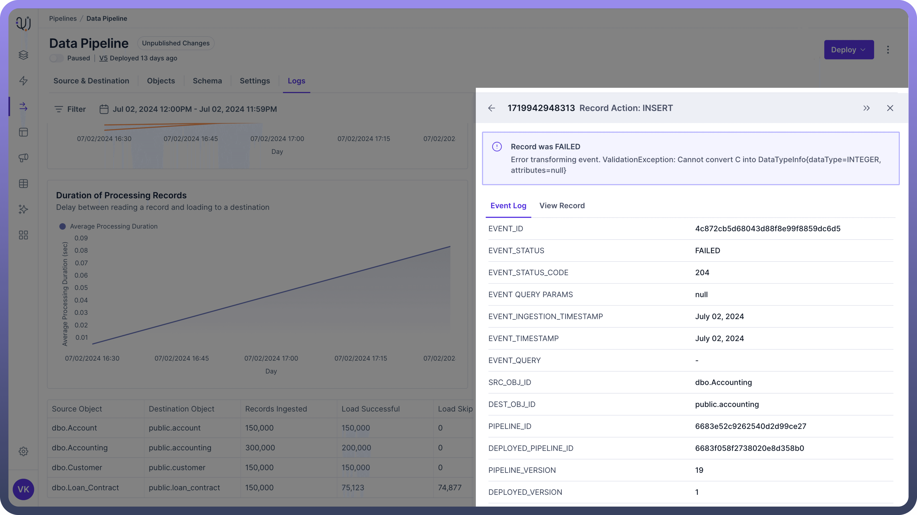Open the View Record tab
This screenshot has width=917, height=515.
coord(562,206)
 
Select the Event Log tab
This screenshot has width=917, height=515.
coord(508,206)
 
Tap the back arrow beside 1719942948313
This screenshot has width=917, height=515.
coord(492,108)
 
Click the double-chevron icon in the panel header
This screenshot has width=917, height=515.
coord(866,108)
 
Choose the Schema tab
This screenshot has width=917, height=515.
coord(207,81)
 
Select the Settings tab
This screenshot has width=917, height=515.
coord(255,81)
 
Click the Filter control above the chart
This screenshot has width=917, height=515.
coord(70,109)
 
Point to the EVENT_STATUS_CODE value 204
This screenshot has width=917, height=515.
coord(702,273)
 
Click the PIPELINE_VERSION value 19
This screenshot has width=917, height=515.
coord(699,470)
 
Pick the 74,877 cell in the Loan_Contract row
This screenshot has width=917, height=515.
coord(450,488)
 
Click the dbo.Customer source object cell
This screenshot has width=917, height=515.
coord(77,468)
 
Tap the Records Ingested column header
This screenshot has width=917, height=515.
coord(276,409)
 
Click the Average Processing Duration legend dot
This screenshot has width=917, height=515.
coord(62,226)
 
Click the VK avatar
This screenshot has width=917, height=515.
coord(24,489)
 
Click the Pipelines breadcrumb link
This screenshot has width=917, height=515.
coord(63,18)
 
